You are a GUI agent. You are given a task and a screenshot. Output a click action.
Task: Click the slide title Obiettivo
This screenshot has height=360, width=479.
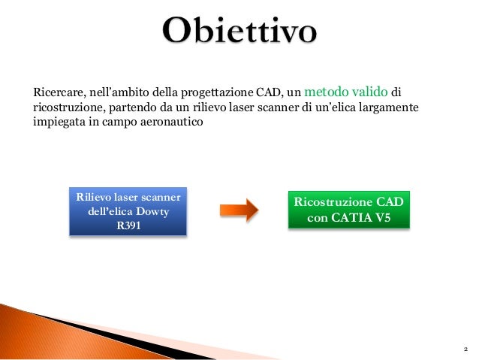click(x=239, y=32)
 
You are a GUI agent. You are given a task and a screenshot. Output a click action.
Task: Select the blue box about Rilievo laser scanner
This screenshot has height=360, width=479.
click(x=128, y=212)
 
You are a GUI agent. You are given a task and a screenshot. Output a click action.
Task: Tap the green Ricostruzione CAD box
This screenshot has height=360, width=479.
click(x=349, y=210)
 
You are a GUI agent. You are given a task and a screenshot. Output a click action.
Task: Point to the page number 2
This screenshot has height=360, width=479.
click(x=465, y=349)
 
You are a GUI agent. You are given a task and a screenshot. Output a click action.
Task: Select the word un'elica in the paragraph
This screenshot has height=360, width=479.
click(x=330, y=107)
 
